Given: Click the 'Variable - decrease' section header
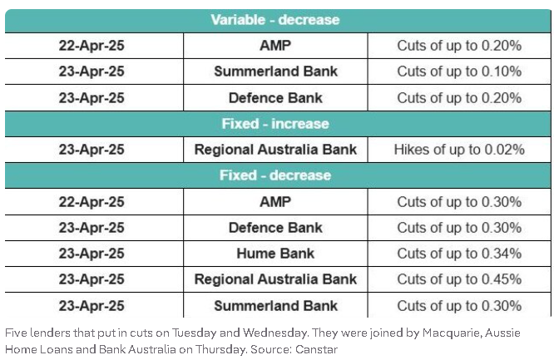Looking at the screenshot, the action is point(275,20).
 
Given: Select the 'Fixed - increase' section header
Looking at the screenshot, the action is point(275,124).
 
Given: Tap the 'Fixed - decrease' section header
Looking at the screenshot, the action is point(275,175).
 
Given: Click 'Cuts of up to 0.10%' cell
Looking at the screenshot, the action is point(459,72).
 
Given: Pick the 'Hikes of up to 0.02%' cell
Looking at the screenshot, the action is point(459,150).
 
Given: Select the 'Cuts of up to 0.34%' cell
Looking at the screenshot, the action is point(459,254).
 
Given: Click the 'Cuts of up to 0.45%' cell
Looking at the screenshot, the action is point(459,279).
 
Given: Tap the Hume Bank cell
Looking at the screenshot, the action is point(275,254).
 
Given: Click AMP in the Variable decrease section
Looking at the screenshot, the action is point(275,46).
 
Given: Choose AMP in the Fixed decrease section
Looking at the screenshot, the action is point(275,202).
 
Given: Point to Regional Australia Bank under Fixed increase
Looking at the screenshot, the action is point(275,150).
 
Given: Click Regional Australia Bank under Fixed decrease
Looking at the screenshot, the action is point(275,279).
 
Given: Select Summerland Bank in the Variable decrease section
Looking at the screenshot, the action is point(275,72).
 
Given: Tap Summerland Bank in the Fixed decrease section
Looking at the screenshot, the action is point(275,306).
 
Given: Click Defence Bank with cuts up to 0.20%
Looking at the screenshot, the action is point(275,98).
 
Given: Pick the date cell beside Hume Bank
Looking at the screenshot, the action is point(92,254).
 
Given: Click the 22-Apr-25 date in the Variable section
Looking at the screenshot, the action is point(92,46).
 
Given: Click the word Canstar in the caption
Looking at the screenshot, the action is point(317,349).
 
